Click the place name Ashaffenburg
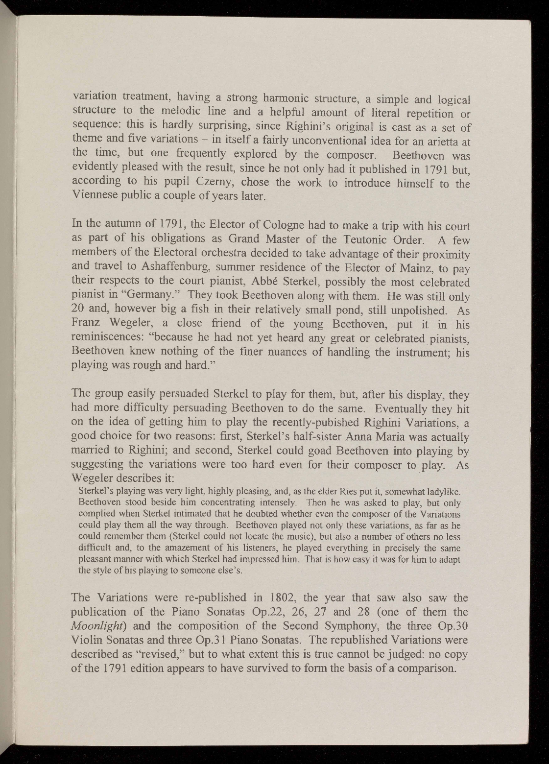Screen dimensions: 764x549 click(183, 269)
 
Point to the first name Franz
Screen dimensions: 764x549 click(87, 324)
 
